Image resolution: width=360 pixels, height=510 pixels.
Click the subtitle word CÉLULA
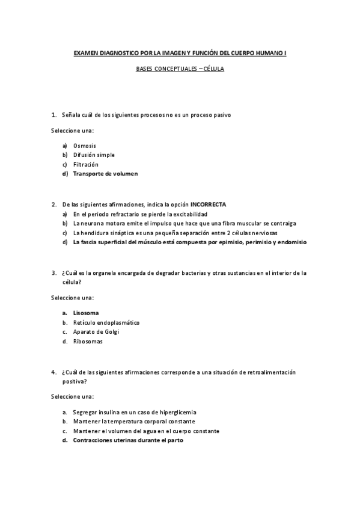[x=213, y=69]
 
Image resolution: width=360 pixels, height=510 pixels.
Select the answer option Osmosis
[x=84, y=146]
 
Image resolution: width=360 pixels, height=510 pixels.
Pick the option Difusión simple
[x=94, y=155]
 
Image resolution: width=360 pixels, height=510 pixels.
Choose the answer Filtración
[x=86, y=164]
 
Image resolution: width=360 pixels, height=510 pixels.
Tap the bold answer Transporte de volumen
[x=105, y=174]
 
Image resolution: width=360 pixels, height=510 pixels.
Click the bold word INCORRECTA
[x=208, y=204]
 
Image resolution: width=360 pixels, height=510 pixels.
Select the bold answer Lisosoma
[x=86, y=313]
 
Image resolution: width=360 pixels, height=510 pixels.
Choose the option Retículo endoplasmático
[x=106, y=322]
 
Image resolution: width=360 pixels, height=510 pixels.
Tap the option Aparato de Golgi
[x=97, y=332]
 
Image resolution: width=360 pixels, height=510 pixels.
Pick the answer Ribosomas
[x=88, y=342]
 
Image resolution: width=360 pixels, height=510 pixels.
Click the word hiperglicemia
[x=178, y=412]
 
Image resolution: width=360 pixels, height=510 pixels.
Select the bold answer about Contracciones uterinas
[x=128, y=440]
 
